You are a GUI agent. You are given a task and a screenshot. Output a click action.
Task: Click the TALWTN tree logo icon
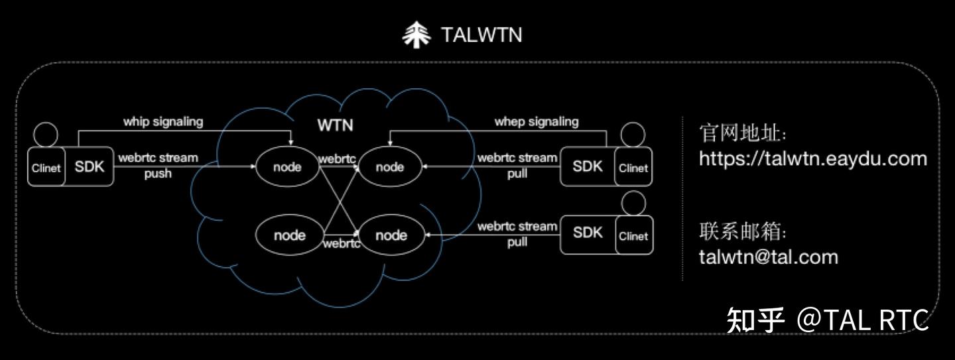tap(416, 34)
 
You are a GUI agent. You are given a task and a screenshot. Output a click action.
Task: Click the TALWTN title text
tap(481, 35)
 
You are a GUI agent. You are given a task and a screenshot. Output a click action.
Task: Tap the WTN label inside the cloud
tap(335, 125)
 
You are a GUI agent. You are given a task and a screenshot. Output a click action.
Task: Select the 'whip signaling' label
tap(163, 122)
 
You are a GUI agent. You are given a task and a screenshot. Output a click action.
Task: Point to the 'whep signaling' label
tap(537, 122)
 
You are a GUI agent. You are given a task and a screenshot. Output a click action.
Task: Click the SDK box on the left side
tap(89, 166)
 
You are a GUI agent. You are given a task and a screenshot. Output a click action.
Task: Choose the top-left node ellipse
tap(287, 166)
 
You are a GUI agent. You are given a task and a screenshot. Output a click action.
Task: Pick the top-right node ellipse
tap(390, 166)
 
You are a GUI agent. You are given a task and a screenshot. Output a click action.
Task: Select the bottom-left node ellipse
tap(289, 235)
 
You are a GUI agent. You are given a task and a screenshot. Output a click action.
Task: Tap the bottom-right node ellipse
tap(391, 235)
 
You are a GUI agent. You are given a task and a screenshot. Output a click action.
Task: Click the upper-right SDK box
tap(588, 166)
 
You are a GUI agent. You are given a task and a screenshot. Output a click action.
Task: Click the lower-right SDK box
tap(588, 235)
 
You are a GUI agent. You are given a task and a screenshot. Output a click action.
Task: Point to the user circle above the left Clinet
tap(46, 135)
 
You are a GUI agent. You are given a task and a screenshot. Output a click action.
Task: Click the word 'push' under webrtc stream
tap(158, 174)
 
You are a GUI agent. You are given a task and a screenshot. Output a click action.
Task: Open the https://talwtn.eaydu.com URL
tap(813, 158)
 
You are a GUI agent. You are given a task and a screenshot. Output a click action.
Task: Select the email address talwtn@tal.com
tap(768, 257)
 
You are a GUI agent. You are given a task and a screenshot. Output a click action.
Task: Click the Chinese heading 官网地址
tap(742, 133)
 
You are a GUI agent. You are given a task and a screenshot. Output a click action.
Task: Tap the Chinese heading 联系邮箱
tap(742, 231)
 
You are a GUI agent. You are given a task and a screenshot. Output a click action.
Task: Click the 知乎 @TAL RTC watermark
tap(828, 320)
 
